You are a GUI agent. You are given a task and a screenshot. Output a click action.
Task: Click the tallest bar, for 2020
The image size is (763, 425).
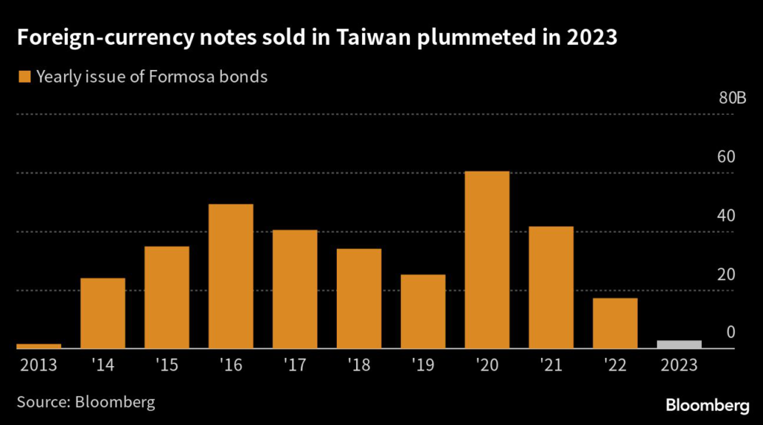point(487,259)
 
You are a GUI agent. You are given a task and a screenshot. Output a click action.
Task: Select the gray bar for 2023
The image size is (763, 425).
point(680,344)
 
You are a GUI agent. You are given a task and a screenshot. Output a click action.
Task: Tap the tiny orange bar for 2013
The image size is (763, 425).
point(39,346)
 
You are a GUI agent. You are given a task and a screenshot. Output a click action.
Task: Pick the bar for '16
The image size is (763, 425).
point(231,276)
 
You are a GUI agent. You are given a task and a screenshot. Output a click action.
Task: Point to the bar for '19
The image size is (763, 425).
point(423,311)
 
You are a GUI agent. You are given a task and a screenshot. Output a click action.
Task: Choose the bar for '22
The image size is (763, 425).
point(615,323)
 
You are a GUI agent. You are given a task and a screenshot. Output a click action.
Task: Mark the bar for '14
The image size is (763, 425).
point(103,313)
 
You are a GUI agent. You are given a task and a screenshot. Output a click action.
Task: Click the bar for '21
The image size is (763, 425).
point(551,287)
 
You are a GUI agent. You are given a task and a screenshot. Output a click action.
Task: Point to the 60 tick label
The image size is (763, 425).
point(726,157)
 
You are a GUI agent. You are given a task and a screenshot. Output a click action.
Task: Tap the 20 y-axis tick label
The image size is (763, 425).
point(726,274)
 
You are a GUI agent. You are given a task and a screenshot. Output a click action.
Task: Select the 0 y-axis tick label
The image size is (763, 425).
point(731,333)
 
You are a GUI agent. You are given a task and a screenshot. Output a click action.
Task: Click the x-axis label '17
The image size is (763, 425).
point(295,365)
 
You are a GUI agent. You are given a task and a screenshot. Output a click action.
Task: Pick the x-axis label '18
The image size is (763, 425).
point(359,365)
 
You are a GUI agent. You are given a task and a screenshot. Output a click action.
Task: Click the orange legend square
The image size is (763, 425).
point(24,77)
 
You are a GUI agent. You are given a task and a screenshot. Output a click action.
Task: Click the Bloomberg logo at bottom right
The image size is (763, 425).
point(706,406)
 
